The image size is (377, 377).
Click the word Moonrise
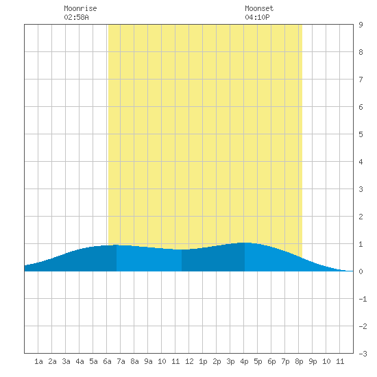coord(80,8)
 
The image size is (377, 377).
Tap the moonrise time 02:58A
coord(76,17)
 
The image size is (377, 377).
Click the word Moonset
coord(259,8)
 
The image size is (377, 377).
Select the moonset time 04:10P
coord(257,17)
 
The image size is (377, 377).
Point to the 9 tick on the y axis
coord(361,25)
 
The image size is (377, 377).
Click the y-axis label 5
coord(361,134)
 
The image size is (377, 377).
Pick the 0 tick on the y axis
coord(361,271)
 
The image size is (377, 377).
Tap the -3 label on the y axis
coord(363,354)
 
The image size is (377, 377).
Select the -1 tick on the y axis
coord(363,299)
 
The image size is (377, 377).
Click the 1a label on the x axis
coord(38,361)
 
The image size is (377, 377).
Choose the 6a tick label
coord(107,361)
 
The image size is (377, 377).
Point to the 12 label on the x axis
coord(189,361)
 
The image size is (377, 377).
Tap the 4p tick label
coord(244,361)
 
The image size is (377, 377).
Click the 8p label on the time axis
coord(299,361)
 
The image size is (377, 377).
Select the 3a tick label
coord(66,361)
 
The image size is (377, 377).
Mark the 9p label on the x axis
coord(313,361)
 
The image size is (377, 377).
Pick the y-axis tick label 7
coord(361,80)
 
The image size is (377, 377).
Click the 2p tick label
coord(217,361)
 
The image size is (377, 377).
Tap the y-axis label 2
coord(361,217)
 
